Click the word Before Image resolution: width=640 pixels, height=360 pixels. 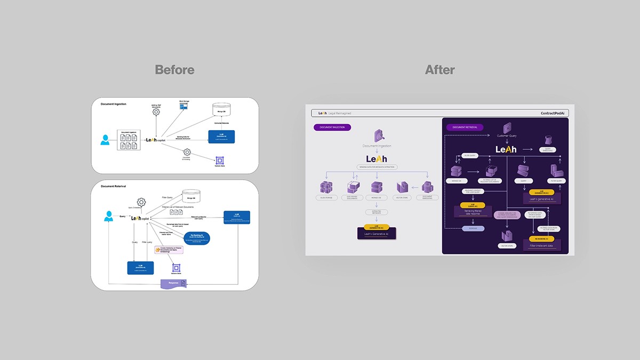tap(174, 70)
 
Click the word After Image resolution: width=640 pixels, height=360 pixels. tap(439, 70)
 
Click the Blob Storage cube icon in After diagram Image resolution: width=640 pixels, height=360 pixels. tap(326, 188)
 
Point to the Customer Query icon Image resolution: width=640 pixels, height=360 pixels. tap(507, 129)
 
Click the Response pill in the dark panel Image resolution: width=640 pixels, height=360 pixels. tap(472, 228)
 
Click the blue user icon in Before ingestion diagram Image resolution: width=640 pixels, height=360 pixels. tap(105, 140)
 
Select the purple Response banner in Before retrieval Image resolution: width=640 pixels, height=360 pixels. tap(173, 283)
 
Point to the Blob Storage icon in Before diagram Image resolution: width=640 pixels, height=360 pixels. tap(183, 106)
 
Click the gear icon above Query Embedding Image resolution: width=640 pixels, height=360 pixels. tap(141, 202)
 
